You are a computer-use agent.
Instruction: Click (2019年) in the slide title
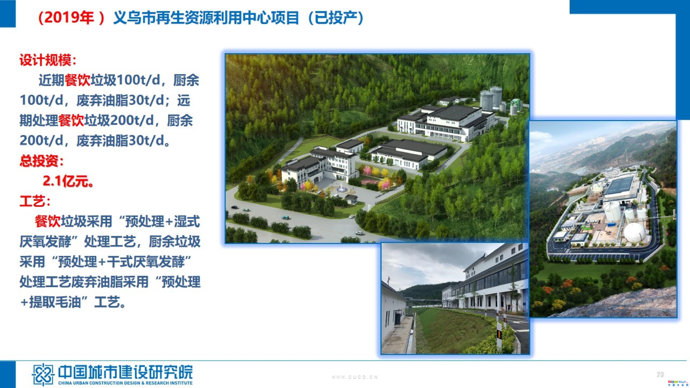click(71, 18)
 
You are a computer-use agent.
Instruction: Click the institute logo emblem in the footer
click(42, 374)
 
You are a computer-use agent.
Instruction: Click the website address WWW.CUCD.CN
click(355, 377)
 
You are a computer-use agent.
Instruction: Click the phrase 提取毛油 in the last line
click(55, 303)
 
